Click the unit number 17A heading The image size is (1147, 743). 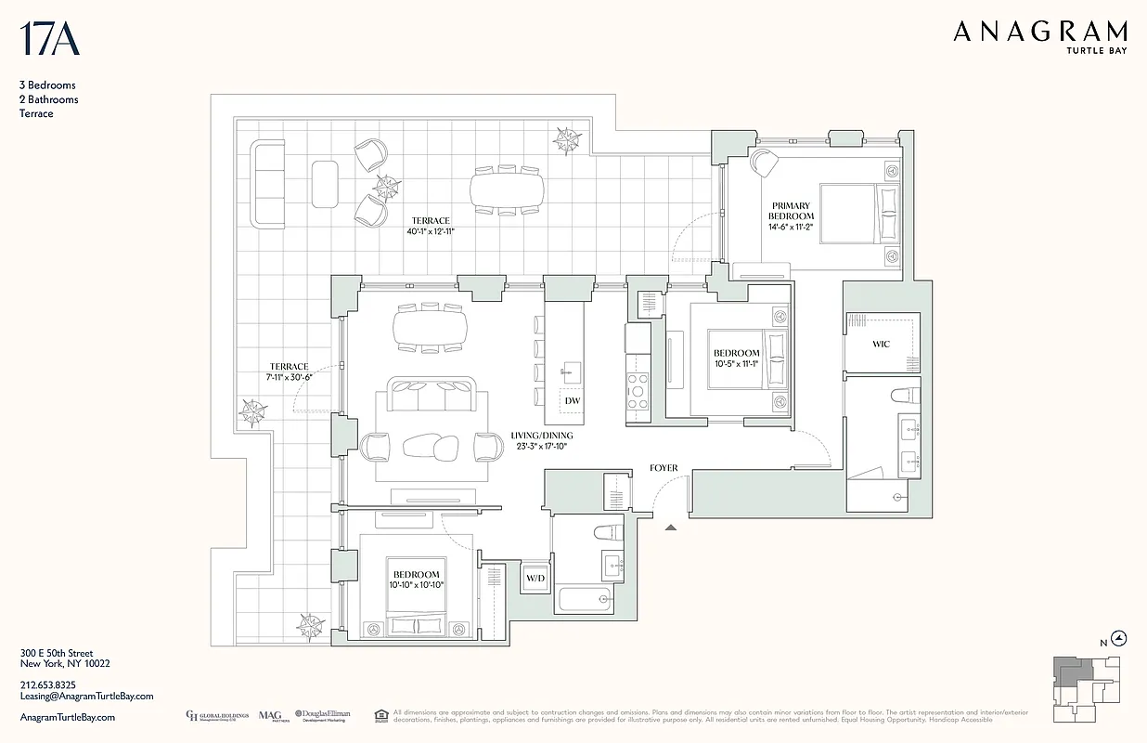coord(48,40)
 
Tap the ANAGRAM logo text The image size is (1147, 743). coord(1040,33)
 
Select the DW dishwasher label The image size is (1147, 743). coord(573,400)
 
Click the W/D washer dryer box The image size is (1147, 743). coord(535,579)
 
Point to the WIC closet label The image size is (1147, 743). coord(881,344)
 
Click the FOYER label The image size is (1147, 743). coord(664,469)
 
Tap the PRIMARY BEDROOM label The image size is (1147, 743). coord(790,211)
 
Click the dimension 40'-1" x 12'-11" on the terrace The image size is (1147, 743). coord(432,227)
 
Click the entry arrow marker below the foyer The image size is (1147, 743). coord(671,528)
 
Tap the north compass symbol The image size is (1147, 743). coord(1119,638)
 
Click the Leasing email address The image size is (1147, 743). coord(86,696)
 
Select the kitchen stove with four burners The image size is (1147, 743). coord(638,390)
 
